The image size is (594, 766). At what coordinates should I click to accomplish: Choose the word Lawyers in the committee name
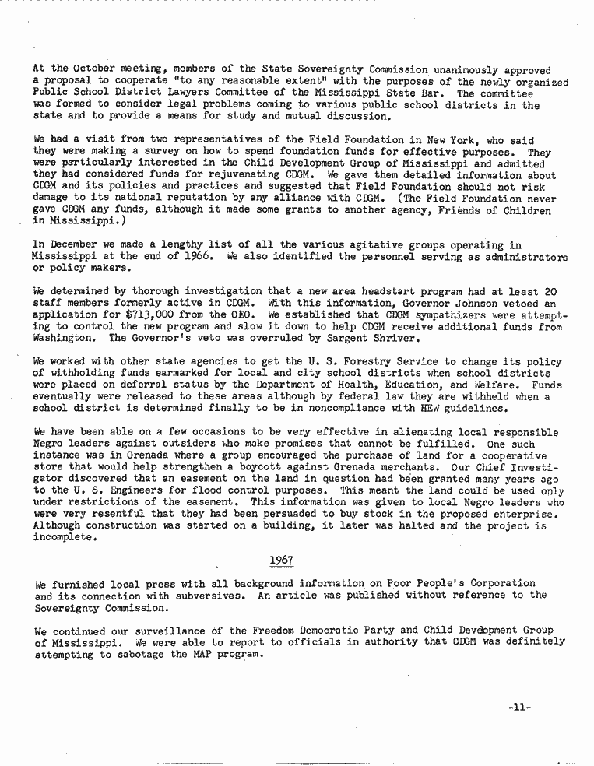pyautogui.click(x=201, y=93)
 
